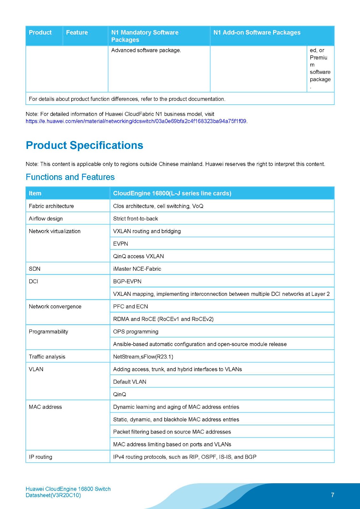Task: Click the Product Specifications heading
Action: [84, 145]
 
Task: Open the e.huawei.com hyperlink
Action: [136, 121]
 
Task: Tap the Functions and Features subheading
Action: [70, 177]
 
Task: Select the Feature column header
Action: [77, 32]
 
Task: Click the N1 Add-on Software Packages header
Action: [257, 32]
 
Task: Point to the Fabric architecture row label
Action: [51, 206]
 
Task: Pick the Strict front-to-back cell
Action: [135, 219]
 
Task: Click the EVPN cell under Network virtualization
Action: [121, 244]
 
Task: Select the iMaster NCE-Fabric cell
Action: [137, 269]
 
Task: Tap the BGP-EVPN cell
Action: [127, 281]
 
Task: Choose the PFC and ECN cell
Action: [131, 306]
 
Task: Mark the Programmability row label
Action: [48, 331]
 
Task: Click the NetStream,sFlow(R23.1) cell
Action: [143, 357]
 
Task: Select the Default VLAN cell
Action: [130, 382]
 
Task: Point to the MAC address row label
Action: [45, 407]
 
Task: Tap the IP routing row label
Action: [40, 457]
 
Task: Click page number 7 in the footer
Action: [332, 495]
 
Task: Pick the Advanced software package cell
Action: [146, 50]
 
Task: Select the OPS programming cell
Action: [136, 331]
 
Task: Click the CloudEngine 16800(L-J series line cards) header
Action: [172, 193]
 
